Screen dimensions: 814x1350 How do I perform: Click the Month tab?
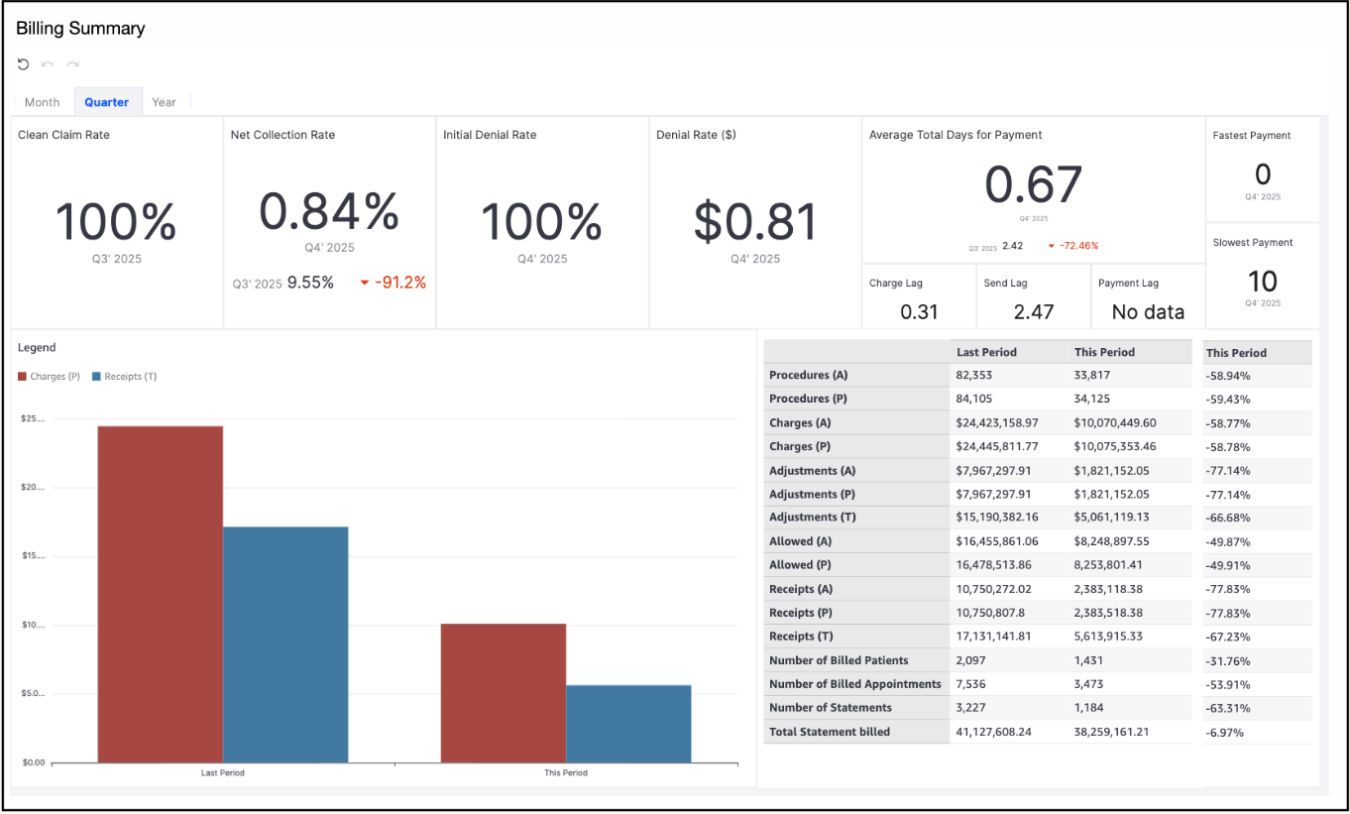[43, 102]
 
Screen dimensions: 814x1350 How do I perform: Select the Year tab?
[164, 102]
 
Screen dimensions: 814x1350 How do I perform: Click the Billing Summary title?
[80, 29]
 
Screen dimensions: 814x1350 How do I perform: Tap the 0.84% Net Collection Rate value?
[329, 210]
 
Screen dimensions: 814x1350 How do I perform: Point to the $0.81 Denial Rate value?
[755, 221]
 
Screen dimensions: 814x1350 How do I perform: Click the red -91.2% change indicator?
[399, 283]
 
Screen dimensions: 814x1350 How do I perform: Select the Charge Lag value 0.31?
[919, 311]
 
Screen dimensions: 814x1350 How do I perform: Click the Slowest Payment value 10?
[1262, 281]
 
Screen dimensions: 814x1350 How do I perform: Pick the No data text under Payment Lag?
[1148, 311]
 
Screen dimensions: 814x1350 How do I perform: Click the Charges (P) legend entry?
[49, 377]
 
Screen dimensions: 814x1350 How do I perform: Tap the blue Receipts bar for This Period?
[628, 723]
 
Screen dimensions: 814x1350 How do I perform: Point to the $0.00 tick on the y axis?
[33, 762]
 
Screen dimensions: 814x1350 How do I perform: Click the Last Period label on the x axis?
[222, 773]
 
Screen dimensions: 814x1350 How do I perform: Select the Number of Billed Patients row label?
[839, 660]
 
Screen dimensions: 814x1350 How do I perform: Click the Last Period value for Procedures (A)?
[974, 376]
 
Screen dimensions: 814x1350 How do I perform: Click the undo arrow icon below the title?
[24, 64]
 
